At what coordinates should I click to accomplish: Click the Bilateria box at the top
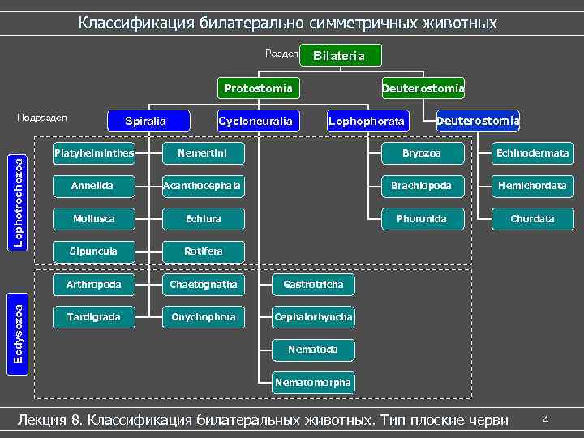(340, 56)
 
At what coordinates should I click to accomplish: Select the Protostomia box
(258, 88)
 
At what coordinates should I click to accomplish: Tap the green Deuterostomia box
(423, 88)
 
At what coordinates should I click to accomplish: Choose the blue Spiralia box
(145, 122)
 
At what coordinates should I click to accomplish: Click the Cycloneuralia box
(255, 122)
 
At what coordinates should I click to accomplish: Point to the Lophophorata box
(366, 122)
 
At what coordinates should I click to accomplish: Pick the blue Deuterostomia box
(478, 122)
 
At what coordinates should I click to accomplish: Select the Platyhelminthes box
(92, 152)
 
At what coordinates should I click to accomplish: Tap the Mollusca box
(92, 219)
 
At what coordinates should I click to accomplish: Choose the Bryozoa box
(422, 152)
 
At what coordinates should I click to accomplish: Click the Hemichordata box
(533, 186)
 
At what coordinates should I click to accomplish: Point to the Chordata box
(533, 219)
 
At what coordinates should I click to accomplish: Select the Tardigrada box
(92, 317)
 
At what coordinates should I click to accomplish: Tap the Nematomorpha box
(313, 382)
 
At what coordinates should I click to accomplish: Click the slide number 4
(546, 419)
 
